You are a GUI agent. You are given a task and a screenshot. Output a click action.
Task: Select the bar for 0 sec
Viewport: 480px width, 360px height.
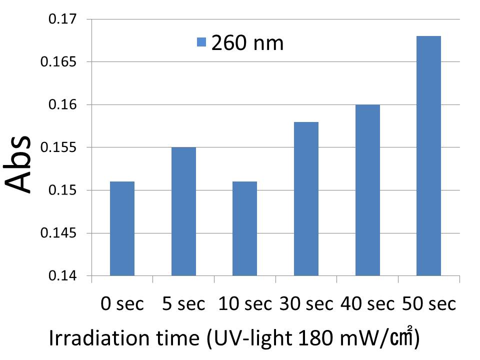pyautogui.click(x=122, y=228)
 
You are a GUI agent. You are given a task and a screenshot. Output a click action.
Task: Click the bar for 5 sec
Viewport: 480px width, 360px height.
pyautogui.click(x=183, y=211)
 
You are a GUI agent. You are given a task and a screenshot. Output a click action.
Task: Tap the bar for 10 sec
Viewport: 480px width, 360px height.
pyautogui.click(x=244, y=228)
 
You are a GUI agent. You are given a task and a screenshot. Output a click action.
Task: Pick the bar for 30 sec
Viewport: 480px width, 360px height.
pyautogui.click(x=306, y=199)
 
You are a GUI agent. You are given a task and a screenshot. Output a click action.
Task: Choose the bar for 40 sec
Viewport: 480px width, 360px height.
pyautogui.click(x=367, y=190)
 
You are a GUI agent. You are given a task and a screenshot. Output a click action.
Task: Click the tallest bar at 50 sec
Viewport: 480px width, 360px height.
pyautogui.click(x=428, y=156)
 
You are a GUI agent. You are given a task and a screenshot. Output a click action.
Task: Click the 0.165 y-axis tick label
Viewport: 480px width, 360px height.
pyautogui.click(x=59, y=62)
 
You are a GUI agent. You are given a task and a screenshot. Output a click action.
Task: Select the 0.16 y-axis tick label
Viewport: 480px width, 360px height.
pyautogui.click(x=63, y=105)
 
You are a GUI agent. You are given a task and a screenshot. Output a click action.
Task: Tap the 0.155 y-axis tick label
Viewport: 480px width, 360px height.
pyautogui.click(x=59, y=148)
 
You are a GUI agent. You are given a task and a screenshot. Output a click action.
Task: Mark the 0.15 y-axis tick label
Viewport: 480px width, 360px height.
pyautogui.click(x=63, y=190)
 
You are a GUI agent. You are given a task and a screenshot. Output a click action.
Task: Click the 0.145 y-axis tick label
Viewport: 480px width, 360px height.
pyautogui.click(x=59, y=233)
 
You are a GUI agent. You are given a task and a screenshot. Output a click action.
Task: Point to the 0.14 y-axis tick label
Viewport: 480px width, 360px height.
pyautogui.click(x=63, y=276)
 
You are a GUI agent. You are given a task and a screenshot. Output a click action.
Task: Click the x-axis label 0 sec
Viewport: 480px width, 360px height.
pyautogui.click(x=122, y=303)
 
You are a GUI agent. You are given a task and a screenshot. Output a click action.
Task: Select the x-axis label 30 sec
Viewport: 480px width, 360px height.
pyautogui.click(x=306, y=303)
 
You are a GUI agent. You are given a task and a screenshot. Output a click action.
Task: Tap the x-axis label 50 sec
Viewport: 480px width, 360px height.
pyautogui.click(x=428, y=303)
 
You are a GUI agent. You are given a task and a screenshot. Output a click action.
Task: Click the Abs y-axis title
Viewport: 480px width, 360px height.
pyautogui.click(x=20, y=164)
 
